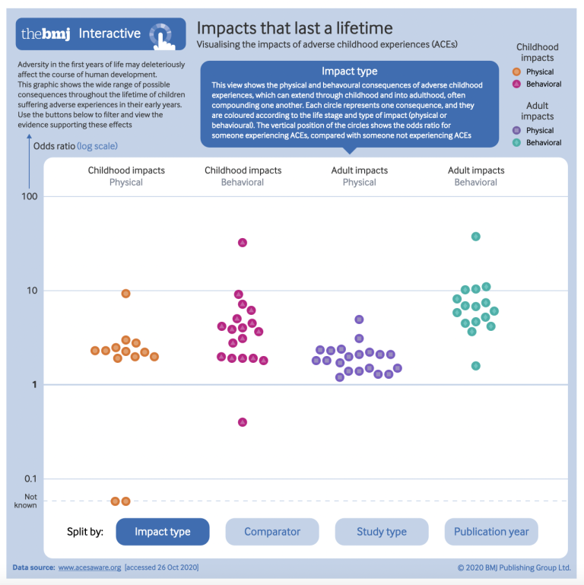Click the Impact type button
pos(163,532)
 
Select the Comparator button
pos(272,532)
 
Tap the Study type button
pos(382,532)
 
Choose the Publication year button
pos(491,532)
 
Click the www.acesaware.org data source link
pos(90,568)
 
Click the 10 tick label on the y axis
pos(32,291)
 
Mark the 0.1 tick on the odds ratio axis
pos(30,478)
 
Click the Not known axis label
pos(25,501)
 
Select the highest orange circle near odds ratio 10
pos(126,294)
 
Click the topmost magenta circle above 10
pos(243,243)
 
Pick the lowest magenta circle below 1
pos(243,422)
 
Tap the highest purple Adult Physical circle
pos(360,320)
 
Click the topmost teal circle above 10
pos(476,237)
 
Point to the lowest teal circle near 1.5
pos(476,366)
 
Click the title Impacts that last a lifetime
pos(294,28)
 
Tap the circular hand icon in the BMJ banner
pos(160,33)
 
